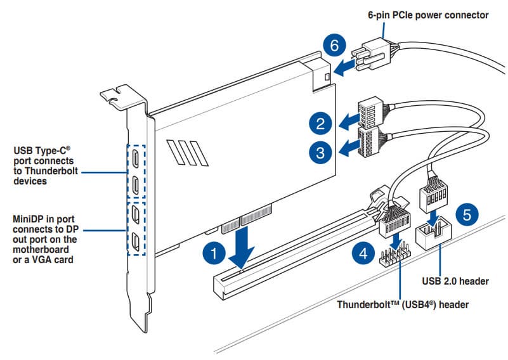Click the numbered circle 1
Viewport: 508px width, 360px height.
tap(214, 254)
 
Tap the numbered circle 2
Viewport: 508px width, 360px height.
tap(322, 122)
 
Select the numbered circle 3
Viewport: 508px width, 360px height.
tap(322, 151)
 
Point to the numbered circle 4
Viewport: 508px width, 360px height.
tap(362, 255)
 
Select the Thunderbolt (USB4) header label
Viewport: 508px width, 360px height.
tap(402, 304)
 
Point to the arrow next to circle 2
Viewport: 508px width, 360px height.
tap(348, 120)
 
